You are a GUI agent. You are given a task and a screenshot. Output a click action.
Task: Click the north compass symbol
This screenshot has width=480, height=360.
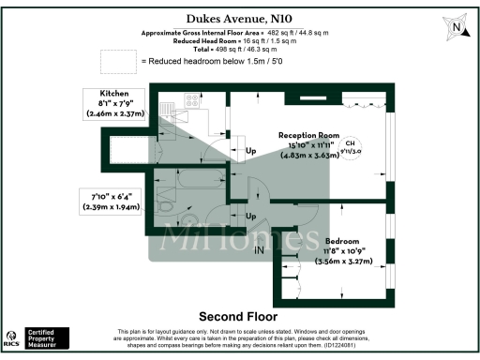[456, 27]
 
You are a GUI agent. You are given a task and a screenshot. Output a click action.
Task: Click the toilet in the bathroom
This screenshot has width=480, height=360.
[164, 202]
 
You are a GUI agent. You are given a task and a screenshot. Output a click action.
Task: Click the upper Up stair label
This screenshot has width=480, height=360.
[250, 152]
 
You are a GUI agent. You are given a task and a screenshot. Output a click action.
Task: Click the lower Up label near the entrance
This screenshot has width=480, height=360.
[250, 217]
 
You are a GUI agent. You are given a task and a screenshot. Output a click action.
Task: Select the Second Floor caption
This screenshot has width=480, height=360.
[239, 316]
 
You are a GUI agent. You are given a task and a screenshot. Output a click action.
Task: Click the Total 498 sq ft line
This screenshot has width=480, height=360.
[241, 50]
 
